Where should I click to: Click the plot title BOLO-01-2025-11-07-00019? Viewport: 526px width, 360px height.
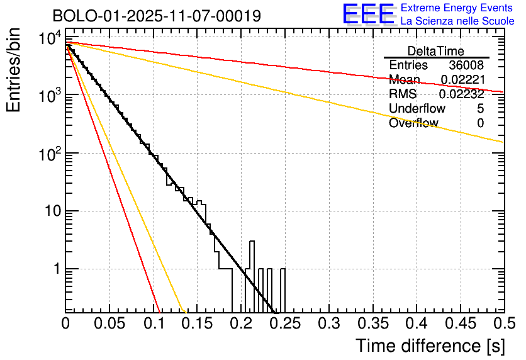[157, 16]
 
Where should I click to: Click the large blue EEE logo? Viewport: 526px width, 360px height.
[368, 14]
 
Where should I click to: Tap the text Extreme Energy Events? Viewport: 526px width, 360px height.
[457, 8]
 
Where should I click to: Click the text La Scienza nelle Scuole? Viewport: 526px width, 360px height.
[457, 21]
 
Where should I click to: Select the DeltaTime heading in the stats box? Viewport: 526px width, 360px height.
[436, 51]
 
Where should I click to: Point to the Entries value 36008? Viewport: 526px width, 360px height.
[466, 65]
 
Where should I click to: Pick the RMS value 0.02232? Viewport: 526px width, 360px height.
[461, 94]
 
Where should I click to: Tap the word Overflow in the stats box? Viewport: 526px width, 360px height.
[413, 123]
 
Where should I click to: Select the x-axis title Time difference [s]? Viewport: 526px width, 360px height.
[430, 346]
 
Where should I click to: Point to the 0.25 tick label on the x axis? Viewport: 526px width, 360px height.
[284, 325]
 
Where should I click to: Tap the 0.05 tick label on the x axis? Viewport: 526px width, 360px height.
[109, 325]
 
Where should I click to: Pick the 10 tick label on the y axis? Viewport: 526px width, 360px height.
[52, 211]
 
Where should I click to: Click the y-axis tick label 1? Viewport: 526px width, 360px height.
[56, 269]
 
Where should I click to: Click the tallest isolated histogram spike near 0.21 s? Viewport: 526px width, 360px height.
[252, 252]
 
